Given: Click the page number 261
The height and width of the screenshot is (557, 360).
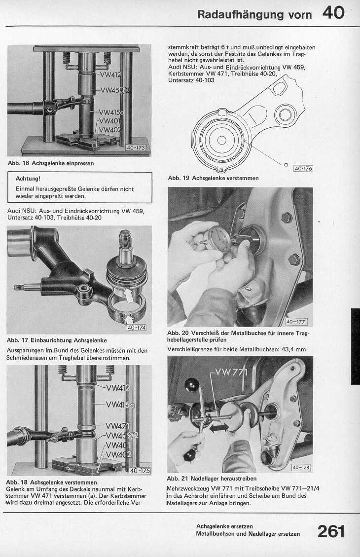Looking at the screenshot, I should tap(331, 532).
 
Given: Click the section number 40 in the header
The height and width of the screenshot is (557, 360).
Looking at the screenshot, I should tap(333, 13).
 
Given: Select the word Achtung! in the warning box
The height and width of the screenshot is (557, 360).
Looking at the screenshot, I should tap(28, 179).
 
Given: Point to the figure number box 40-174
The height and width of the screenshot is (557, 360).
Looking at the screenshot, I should tap(136, 327).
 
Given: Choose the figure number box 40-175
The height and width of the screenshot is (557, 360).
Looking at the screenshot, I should tap(139, 471).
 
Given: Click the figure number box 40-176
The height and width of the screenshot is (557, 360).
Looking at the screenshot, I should tap(303, 169).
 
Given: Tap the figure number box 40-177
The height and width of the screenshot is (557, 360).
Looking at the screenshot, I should tap(295, 322).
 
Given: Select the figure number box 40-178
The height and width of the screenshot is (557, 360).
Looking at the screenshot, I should tap(301, 467).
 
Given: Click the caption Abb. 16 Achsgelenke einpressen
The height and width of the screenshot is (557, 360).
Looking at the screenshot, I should tap(50, 163).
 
